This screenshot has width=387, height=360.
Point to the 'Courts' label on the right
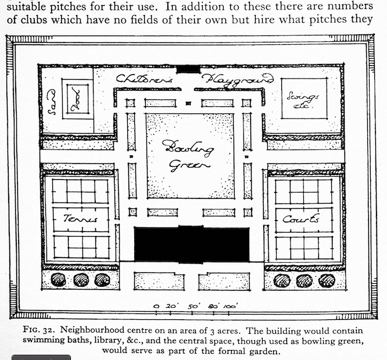(x=300, y=219)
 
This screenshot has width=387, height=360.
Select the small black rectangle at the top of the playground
(x=188, y=69)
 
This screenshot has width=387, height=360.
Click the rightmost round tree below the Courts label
(x=326, y=280)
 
